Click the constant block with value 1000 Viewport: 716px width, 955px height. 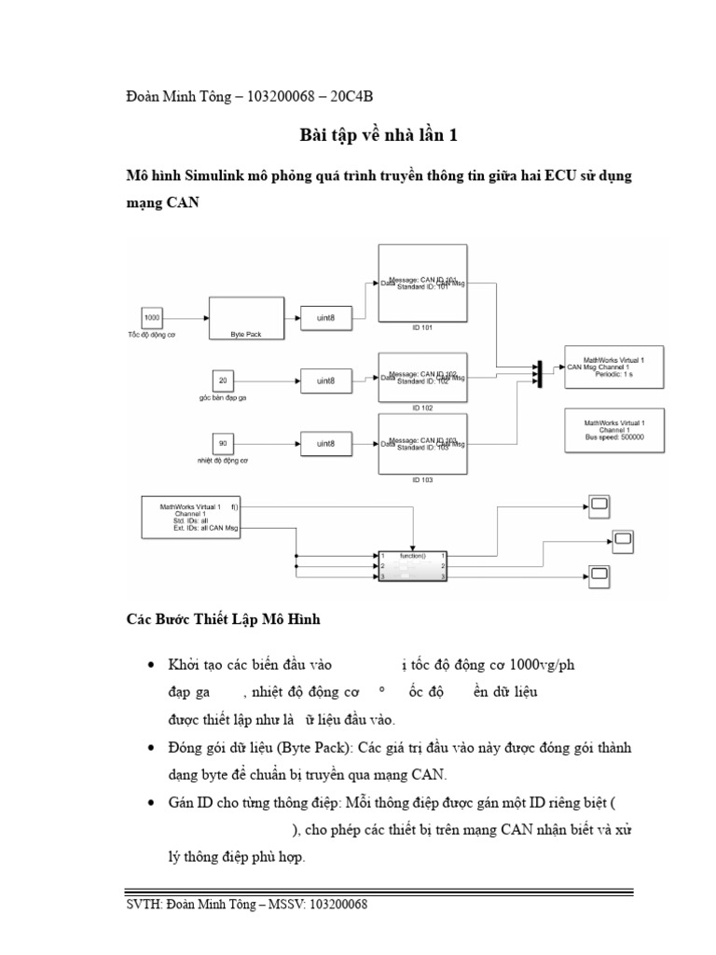tap(152, 318)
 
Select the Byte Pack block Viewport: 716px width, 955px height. tap(245, 318)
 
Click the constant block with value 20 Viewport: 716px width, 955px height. tap(222, 381)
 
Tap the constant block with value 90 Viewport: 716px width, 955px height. tap(222, 442)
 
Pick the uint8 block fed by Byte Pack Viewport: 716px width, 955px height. tap(325, 318)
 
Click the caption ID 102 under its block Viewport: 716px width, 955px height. tap(422, 408)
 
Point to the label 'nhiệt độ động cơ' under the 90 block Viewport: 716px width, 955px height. tap(222, 461)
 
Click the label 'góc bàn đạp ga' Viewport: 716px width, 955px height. tap(222, 397)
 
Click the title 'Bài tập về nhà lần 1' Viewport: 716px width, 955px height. tap(379, 136)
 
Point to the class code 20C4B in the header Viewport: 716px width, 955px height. tap(355, 97)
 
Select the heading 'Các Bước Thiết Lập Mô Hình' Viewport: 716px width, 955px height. tap(223, 619)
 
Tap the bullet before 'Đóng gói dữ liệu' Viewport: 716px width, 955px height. tap(152, 749)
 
